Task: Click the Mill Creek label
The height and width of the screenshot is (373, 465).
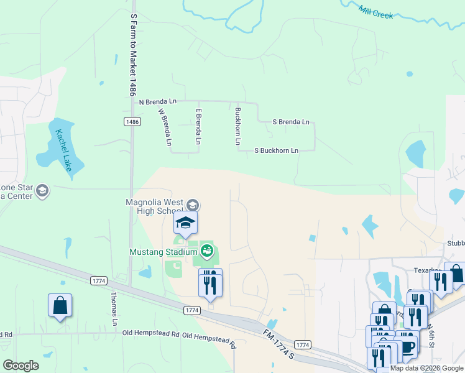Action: pos(376,12)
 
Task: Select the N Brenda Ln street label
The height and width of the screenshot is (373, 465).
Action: pos(158,101)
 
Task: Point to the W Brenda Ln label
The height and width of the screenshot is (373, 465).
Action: pos(165,127)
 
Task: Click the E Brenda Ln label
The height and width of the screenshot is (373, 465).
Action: pos(198,127)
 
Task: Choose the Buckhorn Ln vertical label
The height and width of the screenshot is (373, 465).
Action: pos(237,127)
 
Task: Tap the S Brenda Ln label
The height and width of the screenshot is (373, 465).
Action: pos(291,122)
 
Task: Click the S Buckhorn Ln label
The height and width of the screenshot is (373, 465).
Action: pos(277,150)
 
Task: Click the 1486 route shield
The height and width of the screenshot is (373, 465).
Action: pos(132,122)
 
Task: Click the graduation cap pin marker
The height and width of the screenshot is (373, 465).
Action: pos(185,223)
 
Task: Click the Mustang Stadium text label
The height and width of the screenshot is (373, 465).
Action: pos(163,252)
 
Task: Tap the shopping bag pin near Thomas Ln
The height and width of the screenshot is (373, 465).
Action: pos(60,305)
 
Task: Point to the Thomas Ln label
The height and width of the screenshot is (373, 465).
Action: pos(114,309)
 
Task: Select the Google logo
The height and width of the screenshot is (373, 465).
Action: pos(21,366)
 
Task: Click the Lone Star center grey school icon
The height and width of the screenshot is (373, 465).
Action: pos(42,190)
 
